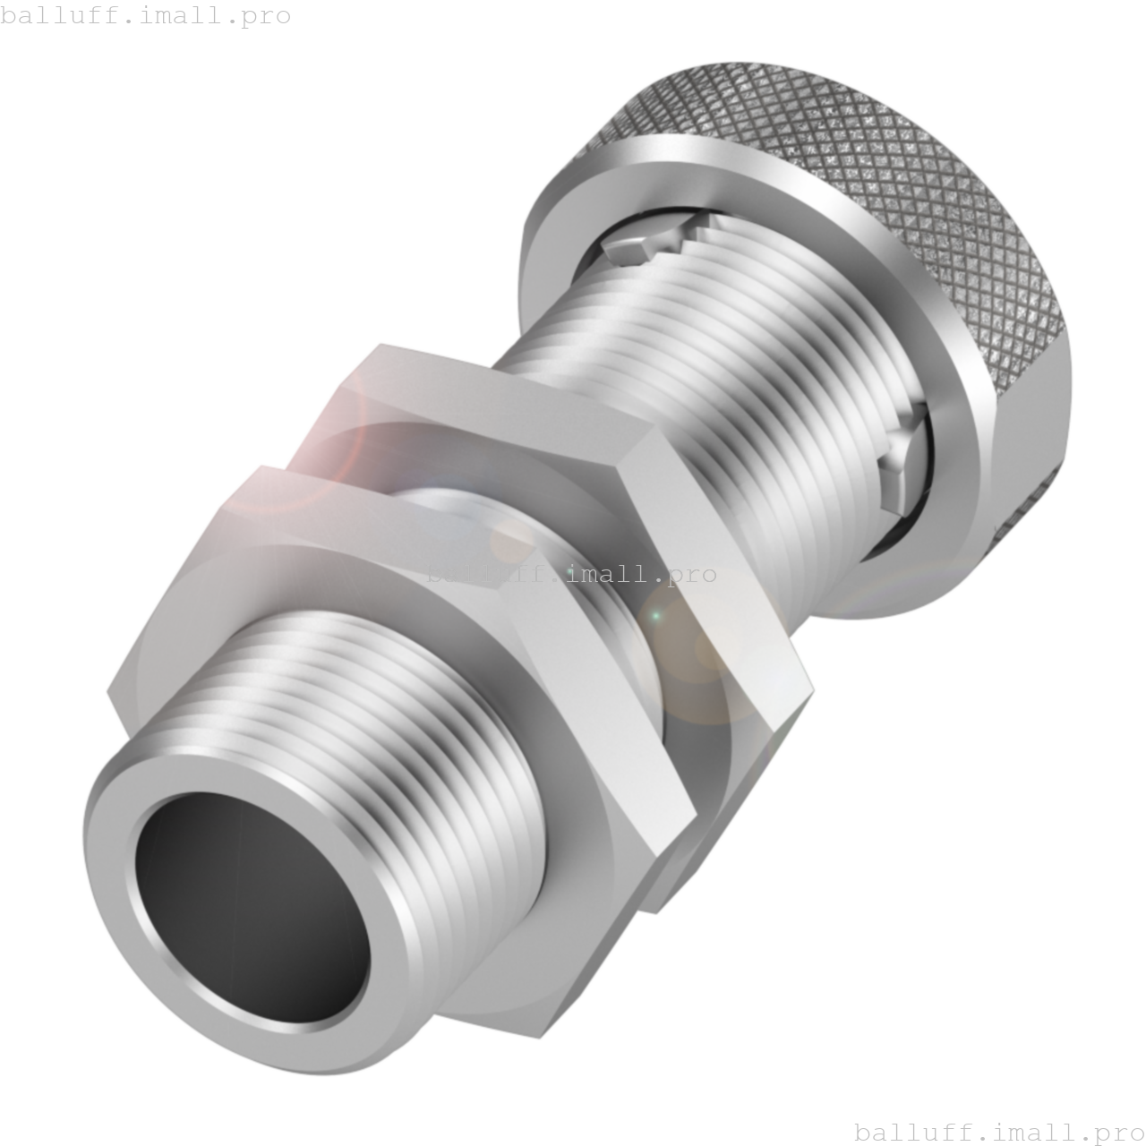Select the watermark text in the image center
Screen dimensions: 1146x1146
pos(571,573)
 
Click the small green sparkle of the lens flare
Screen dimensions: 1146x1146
pos(654,616)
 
